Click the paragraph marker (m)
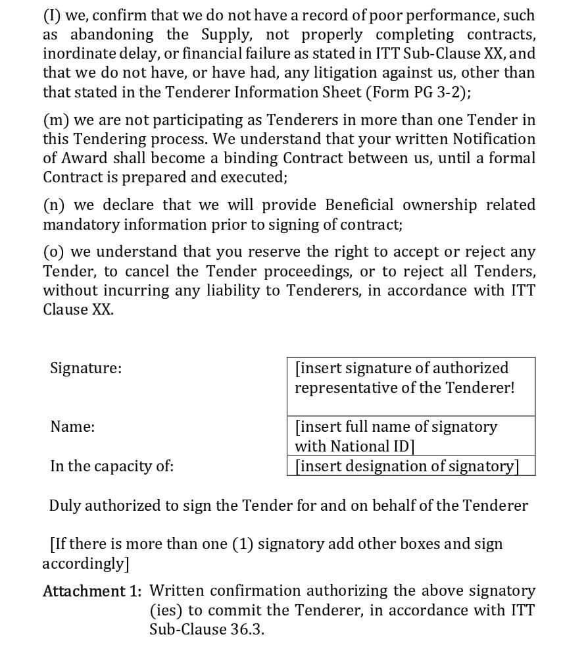pos(57,120)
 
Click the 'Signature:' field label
pos(85,368)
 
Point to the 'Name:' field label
pos(72,427)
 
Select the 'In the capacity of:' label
pos(112,466)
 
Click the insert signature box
pos(411,386)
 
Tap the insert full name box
pos(411,436)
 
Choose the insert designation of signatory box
pos(411,466)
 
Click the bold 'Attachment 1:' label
pos(92,591)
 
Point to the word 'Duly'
pos(64,506)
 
